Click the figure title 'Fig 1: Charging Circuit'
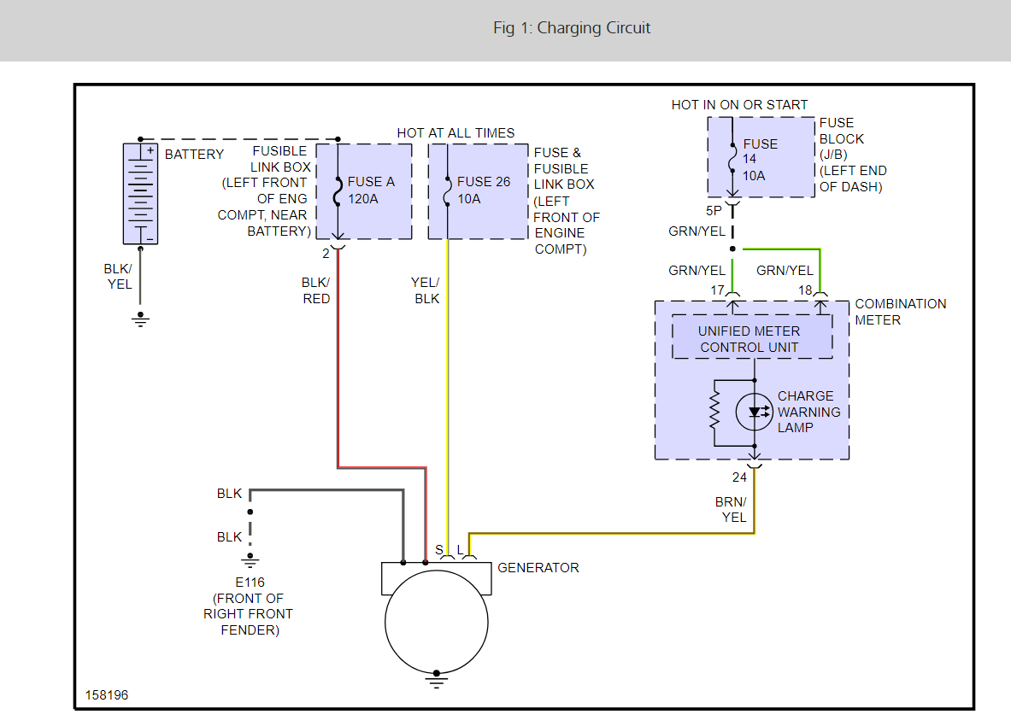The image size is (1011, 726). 572,28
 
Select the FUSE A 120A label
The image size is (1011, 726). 371,190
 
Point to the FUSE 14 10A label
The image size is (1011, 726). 760,160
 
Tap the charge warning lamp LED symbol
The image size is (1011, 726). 755,412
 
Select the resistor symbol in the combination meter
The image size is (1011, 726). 714,412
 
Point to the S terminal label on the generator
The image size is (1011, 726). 439,550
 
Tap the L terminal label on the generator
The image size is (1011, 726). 461,550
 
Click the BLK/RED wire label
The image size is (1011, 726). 316,290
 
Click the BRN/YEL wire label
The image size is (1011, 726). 732,509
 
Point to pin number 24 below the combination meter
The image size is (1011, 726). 740,477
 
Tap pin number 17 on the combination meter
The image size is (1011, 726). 718,290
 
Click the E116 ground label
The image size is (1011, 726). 250,583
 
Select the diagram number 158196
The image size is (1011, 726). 107,695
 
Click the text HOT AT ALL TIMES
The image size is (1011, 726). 456,132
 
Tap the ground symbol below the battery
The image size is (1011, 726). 141,319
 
